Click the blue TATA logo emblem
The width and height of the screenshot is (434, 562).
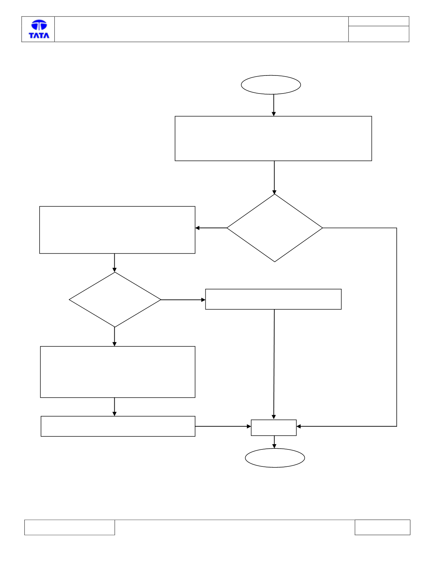tap(39, 25)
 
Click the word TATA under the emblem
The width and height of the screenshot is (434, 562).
tap(39, 35)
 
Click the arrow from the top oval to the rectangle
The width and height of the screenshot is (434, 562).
tap(274, 105)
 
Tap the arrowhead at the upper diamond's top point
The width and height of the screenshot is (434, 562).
tap(275, 192)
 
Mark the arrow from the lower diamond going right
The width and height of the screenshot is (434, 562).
tap(183, 300)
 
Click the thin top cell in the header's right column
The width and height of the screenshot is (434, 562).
tap(379, 21)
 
